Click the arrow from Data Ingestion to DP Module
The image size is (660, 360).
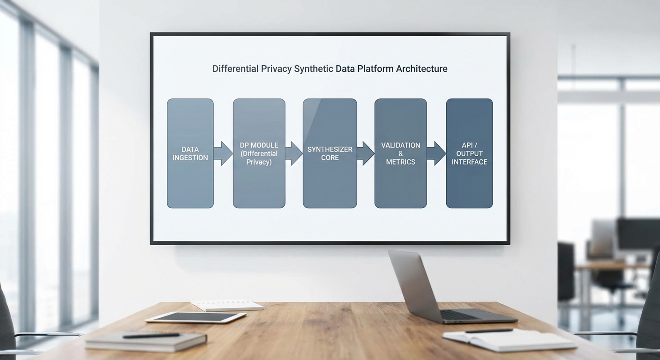pyautogui.click(x=223, y=153)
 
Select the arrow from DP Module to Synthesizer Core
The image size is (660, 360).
pyautogui.click(x=294, y=153)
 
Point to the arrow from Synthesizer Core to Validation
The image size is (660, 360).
pyautogui.click(x=366, y=153)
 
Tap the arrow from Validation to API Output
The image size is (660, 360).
pyautogui.click(x=436, y=153)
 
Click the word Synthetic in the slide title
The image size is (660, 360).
pyautogui.click(x=314, y=69)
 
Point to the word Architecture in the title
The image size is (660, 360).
pyautogui.click(x=421, y=69)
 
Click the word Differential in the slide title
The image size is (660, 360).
pyautogui.click(x=235, y=69)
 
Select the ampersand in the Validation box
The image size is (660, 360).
pyautogui.click(x=401, y=154)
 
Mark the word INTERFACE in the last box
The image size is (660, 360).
pyautogui.click(x=469, y=162)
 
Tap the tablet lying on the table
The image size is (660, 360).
pyautogui.click(x=195, y=317)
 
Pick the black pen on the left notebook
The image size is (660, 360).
pyautogui.click(x=151, y=335)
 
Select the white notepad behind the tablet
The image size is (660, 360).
pyautogui.click(x=227, y=305)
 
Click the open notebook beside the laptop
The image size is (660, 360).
pyautogui.click(x=509, y=339)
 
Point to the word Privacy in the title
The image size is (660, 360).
pyautogui.click(x=276, y=69)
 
